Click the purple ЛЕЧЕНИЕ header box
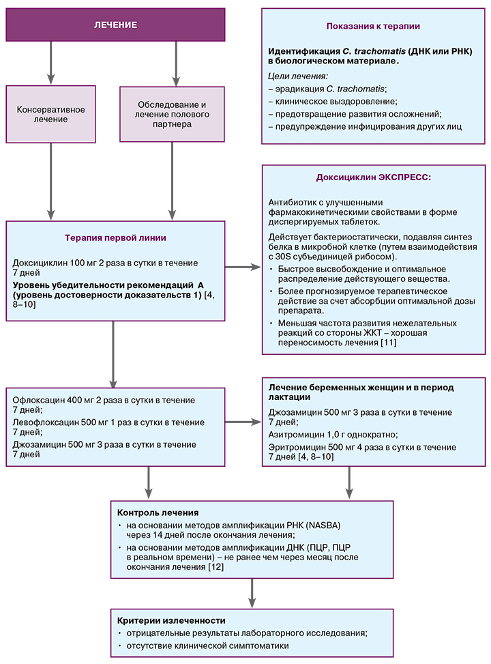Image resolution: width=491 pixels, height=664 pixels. [x=115, y=25]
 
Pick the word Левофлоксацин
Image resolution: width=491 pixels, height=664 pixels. [x=44, y=422]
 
